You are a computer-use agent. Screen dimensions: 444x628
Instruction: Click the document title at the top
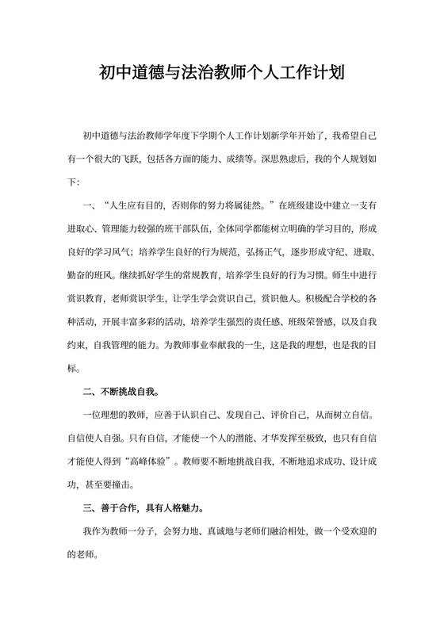221,76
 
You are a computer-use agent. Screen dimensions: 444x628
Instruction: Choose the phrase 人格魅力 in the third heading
194,508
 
